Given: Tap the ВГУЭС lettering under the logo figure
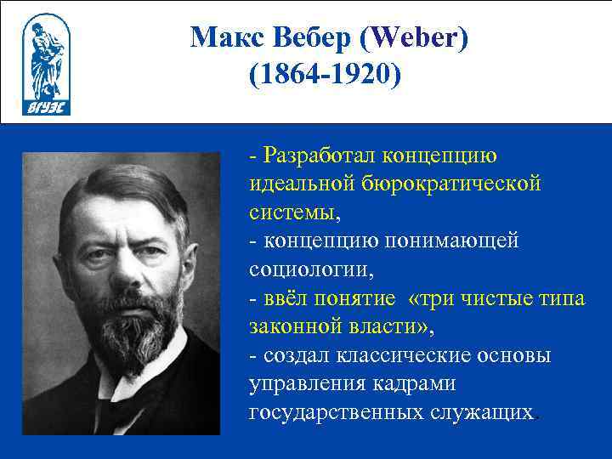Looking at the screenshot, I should tap(47, 108).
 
